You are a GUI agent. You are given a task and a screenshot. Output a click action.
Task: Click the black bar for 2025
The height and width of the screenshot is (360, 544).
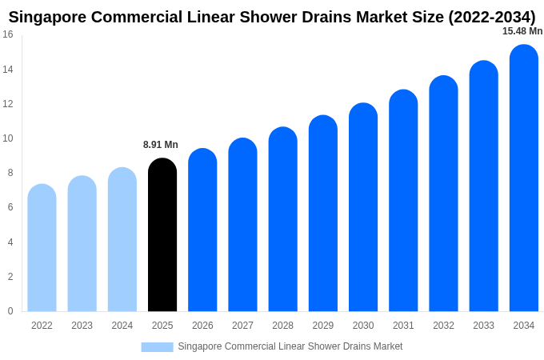[x=162, y=234]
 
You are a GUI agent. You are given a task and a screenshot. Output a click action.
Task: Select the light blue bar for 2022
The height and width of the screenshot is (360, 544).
[x=42, y=248]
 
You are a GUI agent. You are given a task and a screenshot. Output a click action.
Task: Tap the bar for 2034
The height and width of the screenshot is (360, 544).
[x=524, y=178]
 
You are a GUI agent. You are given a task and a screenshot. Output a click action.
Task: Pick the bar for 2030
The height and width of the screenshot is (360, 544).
[x=363, y=207]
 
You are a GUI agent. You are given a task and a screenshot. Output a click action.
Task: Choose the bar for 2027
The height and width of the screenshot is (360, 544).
[x=243, y=225]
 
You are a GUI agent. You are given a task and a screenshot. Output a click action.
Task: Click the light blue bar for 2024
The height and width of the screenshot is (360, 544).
[x=122, y=239]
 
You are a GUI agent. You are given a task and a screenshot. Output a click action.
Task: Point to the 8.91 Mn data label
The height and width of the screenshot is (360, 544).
[x=161, y=145]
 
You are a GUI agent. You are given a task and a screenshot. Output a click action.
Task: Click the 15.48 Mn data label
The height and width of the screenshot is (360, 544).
[x=522, y=31]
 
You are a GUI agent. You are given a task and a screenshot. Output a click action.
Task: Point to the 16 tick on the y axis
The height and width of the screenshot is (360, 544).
[x=8, y=34]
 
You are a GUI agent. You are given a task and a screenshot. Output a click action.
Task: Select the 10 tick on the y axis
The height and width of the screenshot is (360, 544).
[x=8, y=138]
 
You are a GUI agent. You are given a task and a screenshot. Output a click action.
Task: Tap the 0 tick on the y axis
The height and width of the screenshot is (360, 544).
[x=10, y=310]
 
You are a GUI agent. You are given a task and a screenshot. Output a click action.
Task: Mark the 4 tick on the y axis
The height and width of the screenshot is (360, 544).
[x=10, y=242]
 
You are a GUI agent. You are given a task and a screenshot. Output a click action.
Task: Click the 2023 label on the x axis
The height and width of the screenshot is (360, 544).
[x=82, y=326]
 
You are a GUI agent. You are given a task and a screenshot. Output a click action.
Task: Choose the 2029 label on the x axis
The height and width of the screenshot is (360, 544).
[x=323, y=326]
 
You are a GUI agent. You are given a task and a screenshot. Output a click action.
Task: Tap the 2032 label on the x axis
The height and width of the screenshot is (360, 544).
[x=444, y=326]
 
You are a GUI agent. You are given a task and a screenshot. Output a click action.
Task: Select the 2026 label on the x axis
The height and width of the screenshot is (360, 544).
[x=202, y=326]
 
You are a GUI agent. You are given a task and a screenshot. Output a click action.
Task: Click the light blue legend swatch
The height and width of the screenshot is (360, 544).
[x=157, y=347]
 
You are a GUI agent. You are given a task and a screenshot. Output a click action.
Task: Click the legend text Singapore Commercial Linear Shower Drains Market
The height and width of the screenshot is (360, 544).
[x=290, y=346]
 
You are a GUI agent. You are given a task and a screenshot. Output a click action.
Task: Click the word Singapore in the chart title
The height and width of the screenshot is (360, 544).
[x=47, y=18]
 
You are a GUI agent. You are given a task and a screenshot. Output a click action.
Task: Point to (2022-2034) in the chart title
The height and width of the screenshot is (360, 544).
[x=492, y=18]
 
